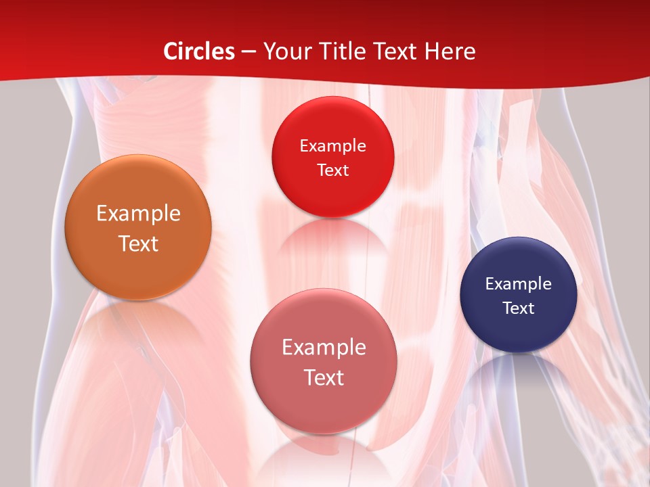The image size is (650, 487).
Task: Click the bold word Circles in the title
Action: tap(199, 51)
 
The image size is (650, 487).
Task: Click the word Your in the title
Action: tap(285, 51)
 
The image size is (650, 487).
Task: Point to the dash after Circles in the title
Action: tap(248, 52)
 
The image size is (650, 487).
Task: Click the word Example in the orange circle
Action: tap(138, 214)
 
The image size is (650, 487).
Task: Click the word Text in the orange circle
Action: tap(138, 243)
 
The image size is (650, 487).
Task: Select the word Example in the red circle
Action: tap(332, 146)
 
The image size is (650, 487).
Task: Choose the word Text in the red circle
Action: tap(332, 170)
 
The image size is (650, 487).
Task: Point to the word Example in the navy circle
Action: tap(519, 284)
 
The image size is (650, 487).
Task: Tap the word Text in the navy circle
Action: tap(519, 308)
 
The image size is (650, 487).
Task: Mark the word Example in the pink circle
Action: tap(324, 348)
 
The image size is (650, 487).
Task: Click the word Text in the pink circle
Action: tap(324, 377)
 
